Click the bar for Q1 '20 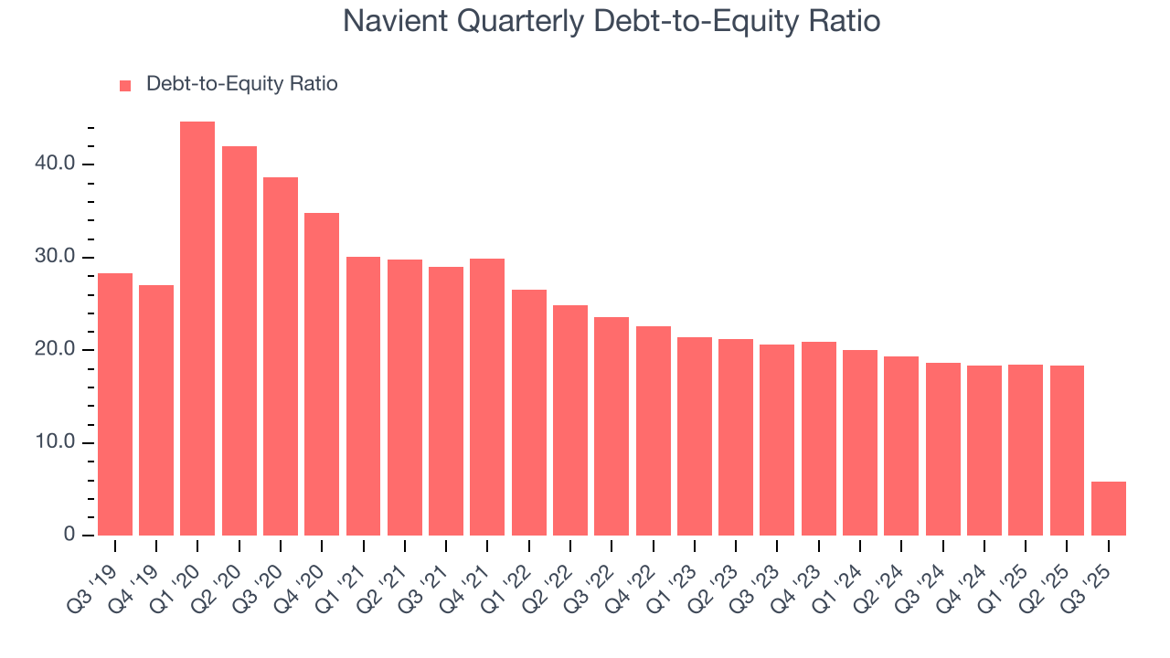tap(197, 329)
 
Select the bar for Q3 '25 tap(1109, 508)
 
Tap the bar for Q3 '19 tap(115, 404)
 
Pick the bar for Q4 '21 tap(487, 397)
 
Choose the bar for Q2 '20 tap(239, 341)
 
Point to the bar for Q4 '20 tap(322, 374)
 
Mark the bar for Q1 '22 tap(529, 412)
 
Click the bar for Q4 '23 tap(819, 439)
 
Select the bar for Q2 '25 tap(1067, 451)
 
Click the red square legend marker tap(126, 85)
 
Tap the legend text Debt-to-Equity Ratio tap(241, 84)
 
